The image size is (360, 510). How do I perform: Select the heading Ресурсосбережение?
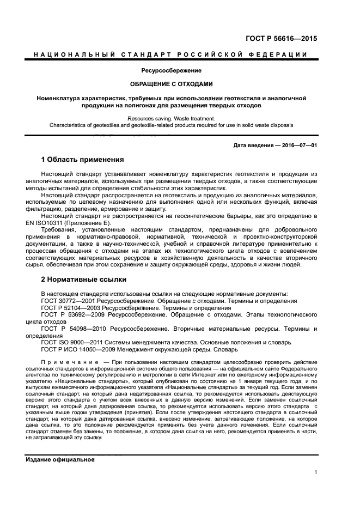tap(172, 70)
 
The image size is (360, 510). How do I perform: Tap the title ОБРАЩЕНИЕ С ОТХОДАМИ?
tap(171, 84)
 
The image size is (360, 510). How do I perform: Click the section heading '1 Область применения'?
tap(83, 160)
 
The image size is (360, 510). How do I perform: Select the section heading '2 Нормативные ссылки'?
tap(84, 280)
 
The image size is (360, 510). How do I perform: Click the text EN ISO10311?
tap(46, 223)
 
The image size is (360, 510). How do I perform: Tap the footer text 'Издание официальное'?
tap(60, 459)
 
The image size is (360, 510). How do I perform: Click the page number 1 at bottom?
tap(316, 473)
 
